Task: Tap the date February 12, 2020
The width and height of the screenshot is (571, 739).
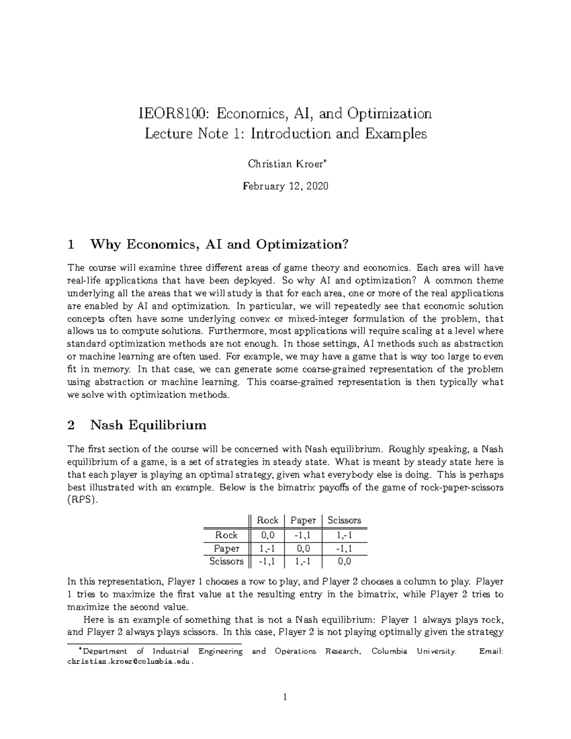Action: click(285, 186)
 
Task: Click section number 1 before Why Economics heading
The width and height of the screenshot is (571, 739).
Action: click(71, 245)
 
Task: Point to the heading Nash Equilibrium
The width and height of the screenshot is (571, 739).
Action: click(148, 425)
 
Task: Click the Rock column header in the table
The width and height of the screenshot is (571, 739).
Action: click(267, 521)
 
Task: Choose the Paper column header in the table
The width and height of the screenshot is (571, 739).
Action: click(303, 521)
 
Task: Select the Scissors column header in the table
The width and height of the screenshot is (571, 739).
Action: click(344, 521)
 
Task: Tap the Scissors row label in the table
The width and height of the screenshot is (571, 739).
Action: click(226, 562)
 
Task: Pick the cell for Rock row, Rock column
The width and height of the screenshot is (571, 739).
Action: click(267, 535)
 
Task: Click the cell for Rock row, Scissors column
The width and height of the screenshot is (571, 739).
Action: click(344, 535)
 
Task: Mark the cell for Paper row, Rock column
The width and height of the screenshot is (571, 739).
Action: click(267, 548)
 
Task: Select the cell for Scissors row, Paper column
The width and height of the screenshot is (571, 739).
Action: click(303, 562)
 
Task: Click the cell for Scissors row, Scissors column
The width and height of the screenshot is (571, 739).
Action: click(344, 562)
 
